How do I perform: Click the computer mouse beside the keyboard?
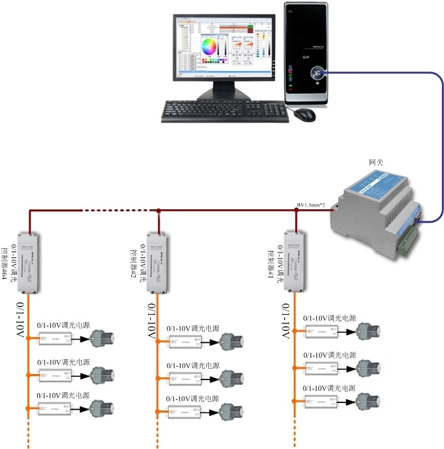pos(305,114)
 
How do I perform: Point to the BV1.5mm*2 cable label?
pos(312,205)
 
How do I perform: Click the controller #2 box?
pos(159,263)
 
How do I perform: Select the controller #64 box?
pos(28,263)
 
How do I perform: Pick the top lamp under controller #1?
pos(370,332)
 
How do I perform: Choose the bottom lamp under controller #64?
pos(103,408)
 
